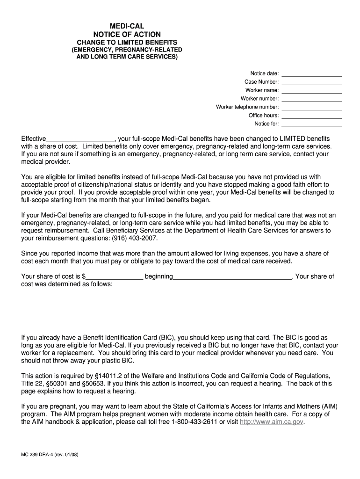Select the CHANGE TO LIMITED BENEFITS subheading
127,43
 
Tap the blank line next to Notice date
311,74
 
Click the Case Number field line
311,82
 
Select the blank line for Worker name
311,91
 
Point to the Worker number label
259,99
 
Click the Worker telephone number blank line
311,108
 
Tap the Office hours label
264,116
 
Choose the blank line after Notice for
311,124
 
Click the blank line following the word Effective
80,139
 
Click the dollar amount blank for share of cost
115,277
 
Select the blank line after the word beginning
232,277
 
